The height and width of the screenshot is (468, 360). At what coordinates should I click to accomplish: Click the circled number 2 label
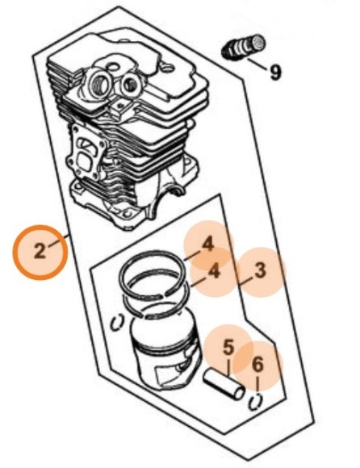tap(40, 253)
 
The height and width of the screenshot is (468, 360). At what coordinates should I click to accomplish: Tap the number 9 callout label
tap(275, 73)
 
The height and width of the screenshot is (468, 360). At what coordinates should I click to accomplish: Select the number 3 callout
tap(260, 270)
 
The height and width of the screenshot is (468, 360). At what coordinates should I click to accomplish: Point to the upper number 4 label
tap(208, 244)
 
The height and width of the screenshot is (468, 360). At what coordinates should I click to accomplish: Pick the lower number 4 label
tap(214, 271)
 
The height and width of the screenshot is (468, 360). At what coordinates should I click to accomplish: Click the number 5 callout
tap(228, 348)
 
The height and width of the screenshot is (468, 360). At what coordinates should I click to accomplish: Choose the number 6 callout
tap(258, 365)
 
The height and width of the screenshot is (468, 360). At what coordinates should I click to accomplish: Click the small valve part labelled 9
tap(244, 47)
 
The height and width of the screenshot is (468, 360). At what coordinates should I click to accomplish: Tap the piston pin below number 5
tap(224, 385)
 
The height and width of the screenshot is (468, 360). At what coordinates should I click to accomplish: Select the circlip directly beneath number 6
tap(254, 402)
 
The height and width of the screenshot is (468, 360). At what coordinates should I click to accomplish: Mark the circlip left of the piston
tap(116, 322)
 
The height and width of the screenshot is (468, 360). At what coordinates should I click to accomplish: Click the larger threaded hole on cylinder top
tap(98, 81)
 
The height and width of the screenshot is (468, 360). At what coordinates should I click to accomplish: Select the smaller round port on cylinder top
tap(130, 85)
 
